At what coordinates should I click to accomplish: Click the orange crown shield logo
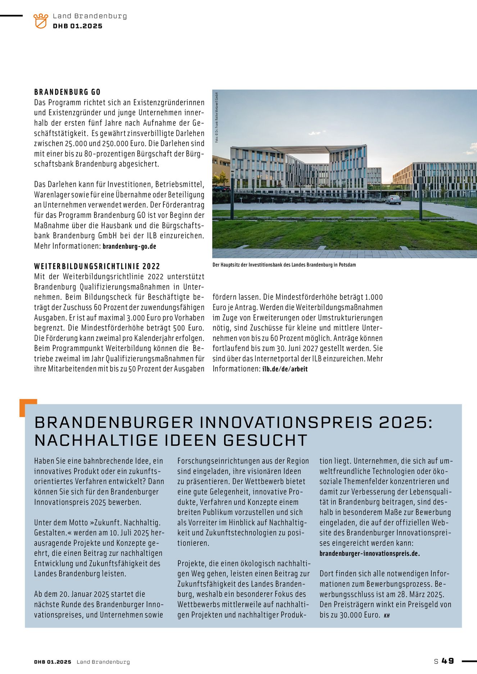[x=41, y=21]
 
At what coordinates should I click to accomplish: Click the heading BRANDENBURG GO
[x=67, y=92]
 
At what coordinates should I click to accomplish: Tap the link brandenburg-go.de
[x=130, y=247]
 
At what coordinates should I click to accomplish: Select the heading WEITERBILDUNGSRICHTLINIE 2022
[x=97, y=266]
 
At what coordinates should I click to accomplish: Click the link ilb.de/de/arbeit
[x=285, y=369]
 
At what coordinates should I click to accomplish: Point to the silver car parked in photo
[x=393, y=200]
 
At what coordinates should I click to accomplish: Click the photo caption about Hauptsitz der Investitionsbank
[x=284, y=265]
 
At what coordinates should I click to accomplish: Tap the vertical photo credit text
[x=217, y=118]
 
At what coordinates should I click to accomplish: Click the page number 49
[x=448, y=661]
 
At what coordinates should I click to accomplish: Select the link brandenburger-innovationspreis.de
[x=369, y=554]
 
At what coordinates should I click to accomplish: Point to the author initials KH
[x=387, y=616]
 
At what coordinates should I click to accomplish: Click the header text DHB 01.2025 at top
[x=78, y=26]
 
